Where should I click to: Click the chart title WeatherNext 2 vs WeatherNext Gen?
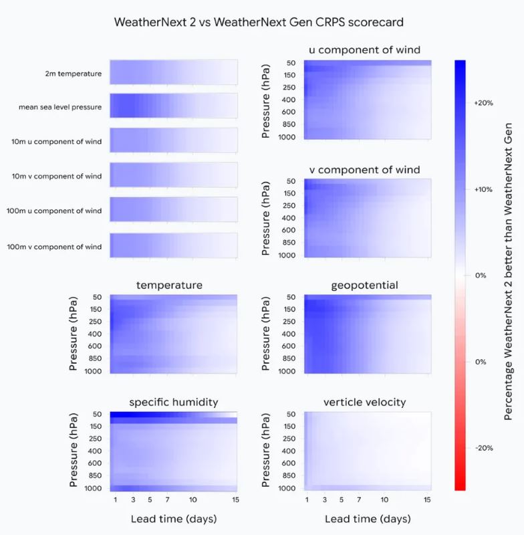tap(259, 22)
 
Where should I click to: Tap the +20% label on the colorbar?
tap(483, 104)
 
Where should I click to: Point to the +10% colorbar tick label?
tap(483, 189)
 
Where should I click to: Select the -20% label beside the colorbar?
tap(483, 447)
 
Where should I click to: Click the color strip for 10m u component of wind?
tap(173, 140)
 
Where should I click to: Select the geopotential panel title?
tap(364, 286)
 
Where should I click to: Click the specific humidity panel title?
tap(173, 402)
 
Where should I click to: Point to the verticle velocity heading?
tap(364, 402)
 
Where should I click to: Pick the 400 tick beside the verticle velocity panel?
tap(289, 451)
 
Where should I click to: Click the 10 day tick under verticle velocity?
tap(385, 500)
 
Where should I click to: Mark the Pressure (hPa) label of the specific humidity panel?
tap(74, 451)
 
